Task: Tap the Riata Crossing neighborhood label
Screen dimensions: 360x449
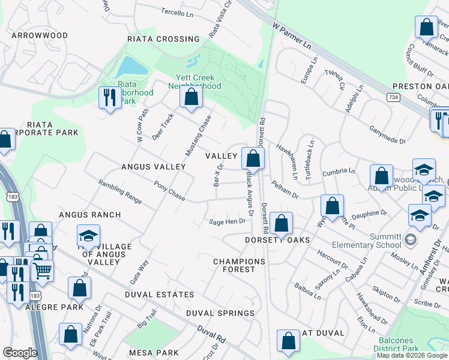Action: [163, 39]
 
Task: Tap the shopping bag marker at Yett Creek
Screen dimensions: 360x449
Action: [191, 97]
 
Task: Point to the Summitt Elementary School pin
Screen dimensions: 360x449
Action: [410, 240]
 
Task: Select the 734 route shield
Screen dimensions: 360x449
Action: [394, 97]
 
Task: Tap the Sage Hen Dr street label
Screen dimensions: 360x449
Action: [228, 221]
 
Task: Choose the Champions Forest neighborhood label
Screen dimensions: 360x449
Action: [239, 265]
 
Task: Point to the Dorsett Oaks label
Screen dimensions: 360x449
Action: [277, 240]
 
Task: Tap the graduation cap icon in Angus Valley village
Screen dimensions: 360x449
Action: [88, 236]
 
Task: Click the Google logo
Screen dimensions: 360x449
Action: [20, 353]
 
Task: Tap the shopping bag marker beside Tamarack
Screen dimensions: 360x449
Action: [426, 28]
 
